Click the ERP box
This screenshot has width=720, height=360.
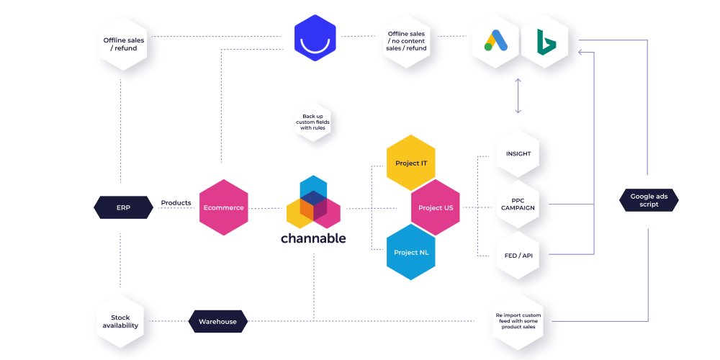(x=123, y=207)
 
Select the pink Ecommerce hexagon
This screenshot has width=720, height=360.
(x=223, y=207)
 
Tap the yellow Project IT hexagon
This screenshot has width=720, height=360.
(x=411, y=163)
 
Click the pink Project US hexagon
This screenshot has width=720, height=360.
(x=436, y=207)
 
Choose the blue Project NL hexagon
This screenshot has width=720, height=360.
(x=411, y=252)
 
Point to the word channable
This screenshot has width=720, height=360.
(x=313, y=238)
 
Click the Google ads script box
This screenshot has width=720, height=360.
(x=649, y=201)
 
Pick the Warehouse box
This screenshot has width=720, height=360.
(x=217, y=321)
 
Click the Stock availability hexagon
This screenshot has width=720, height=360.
(x=120, y=321)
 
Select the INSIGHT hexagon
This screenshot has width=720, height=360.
(x=518, y=154)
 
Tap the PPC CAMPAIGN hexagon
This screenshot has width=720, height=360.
(x=518, y=204)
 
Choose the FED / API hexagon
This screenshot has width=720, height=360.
(x=518, y=255)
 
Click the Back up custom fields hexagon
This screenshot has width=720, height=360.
(x=313, y=122)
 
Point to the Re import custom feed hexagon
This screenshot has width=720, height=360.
(x=518, y=321)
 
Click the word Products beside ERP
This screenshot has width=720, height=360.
(x=176, y=203)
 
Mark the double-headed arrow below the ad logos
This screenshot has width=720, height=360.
(x=518, y=96)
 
